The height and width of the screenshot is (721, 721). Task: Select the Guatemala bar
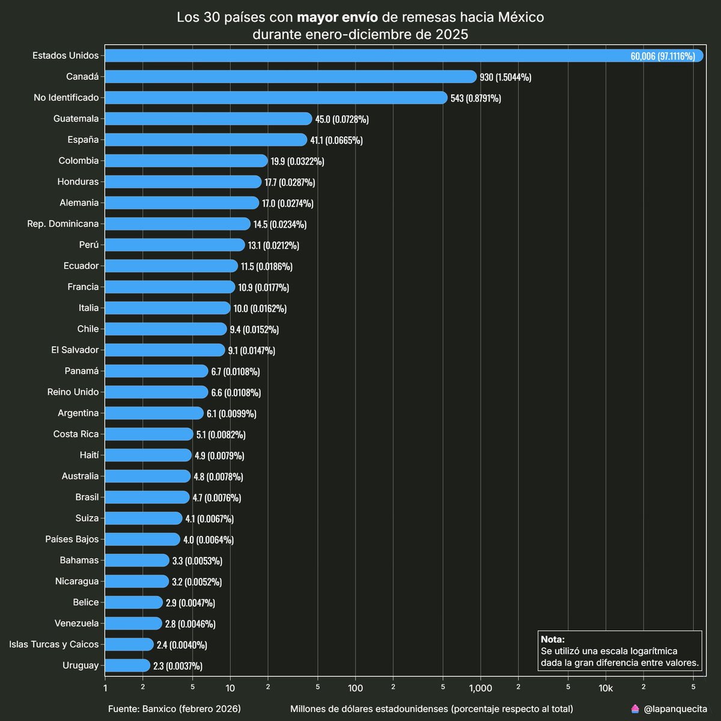(208, 118)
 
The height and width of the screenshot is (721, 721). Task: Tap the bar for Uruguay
(127, 665)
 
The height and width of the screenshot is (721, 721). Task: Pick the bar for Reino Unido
(156, 392)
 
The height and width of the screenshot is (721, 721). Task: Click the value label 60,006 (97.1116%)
(662, 56)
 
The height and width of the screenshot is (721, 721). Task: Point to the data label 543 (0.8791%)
(475, 98)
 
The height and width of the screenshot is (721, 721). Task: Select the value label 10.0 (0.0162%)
(260, 308)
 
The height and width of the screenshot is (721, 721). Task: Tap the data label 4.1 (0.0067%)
(209, 519)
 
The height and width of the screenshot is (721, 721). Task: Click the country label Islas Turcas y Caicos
(54, 644)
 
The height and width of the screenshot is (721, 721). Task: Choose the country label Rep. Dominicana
(62, 224)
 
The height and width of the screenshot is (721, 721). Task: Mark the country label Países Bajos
(71, 539)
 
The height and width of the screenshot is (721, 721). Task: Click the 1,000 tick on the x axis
(480, 689)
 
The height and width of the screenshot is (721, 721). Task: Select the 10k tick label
(606, 689)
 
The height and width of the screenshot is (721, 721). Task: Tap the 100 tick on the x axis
(355, 689)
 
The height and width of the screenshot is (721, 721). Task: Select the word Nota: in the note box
(553, 639)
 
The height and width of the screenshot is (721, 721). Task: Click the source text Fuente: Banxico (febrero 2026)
(174, 709)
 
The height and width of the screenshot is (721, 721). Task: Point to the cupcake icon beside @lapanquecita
(635, 709)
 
